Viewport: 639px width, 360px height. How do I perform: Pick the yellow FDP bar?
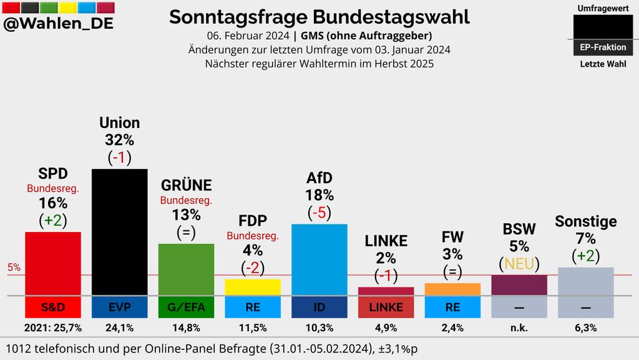(253, 287)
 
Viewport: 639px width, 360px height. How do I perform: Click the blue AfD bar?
(319, 260)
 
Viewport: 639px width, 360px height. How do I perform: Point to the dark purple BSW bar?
(519, 285)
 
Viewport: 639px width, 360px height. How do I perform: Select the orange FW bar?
(452, 289)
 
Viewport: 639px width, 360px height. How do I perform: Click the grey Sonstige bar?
(585, 281)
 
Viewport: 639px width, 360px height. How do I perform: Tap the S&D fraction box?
(53, 307)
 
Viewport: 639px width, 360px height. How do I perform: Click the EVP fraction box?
(120, 307)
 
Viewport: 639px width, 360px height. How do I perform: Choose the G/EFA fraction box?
(186, 307)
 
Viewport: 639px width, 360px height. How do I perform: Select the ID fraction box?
(319, 307)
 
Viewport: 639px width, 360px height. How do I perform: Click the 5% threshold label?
(14, 268)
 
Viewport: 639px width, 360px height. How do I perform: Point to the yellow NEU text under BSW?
(520, 264)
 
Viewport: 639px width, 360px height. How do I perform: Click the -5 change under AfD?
(319, 213)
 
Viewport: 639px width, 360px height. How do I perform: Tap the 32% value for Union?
(120, 140)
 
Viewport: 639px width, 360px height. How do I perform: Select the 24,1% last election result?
(120, 328)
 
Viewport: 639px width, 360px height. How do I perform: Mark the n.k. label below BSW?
(519, 328)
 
